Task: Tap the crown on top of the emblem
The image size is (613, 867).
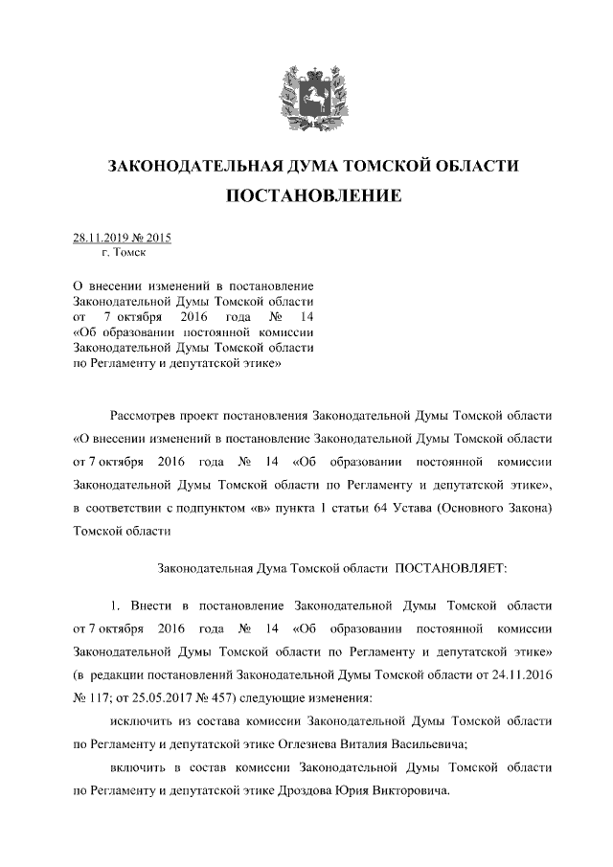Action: click(x=306, y=69)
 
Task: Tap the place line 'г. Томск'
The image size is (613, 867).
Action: click(x=123, y=254)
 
